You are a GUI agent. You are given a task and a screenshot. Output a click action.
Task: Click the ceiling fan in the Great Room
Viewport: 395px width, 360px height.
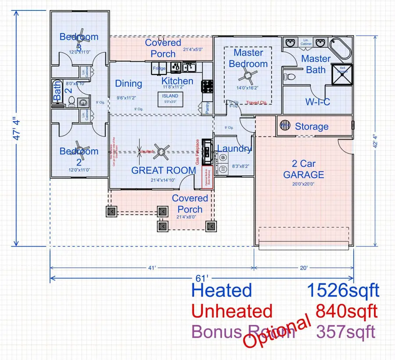coord(161,151)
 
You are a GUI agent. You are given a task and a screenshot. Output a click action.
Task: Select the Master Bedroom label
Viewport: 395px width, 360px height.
coord(248,58)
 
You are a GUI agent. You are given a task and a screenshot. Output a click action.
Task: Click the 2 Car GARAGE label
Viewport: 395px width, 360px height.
coord(303,169)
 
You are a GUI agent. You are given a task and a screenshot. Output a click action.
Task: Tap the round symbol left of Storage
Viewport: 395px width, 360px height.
coord(285,126)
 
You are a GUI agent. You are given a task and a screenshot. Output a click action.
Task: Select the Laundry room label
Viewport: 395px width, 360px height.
coord(234,148)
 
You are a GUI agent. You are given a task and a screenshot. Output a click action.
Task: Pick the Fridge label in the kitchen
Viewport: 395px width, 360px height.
coord(158,69)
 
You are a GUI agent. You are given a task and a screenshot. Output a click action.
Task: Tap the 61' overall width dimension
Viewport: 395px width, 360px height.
coord(201,278)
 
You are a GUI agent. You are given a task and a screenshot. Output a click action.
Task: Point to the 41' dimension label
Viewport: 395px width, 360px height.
coord(152,267)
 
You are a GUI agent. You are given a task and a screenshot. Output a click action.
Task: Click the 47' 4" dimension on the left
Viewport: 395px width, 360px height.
coord(16,127)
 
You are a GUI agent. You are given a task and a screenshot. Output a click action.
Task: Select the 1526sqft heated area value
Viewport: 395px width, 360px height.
coord(342,290)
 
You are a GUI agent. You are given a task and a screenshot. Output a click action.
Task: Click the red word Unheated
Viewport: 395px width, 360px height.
coord(233,311)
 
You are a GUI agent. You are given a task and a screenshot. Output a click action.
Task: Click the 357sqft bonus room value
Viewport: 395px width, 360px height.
coord(345,332)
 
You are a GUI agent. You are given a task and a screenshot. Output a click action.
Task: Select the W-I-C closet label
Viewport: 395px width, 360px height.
coord(317,102)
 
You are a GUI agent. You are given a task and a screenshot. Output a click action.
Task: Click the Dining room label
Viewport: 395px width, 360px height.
coord(128,83)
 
